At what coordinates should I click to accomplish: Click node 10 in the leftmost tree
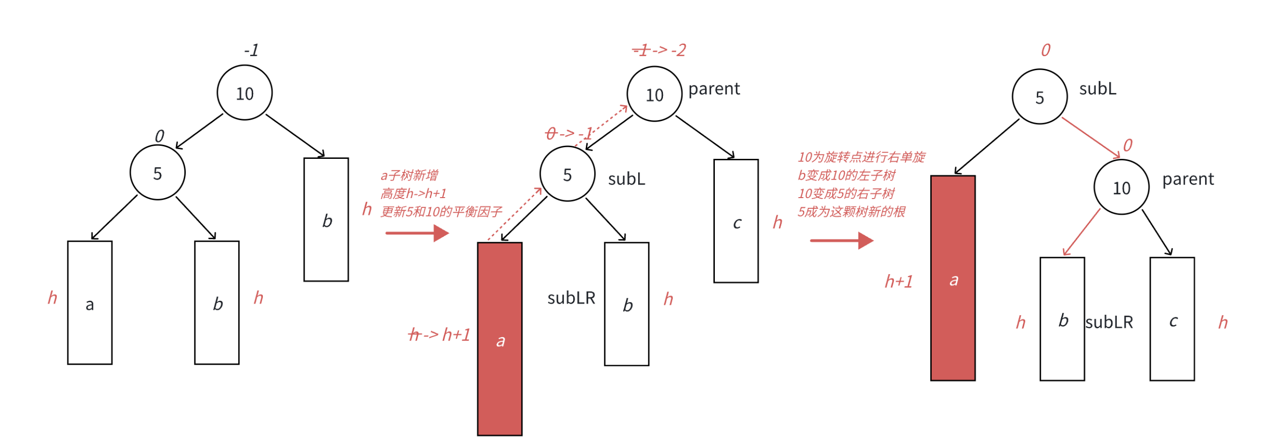(244, 93)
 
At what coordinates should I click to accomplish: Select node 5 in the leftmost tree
(158, 172)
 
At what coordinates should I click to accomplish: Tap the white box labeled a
(90, 303)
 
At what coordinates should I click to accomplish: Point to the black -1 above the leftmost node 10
(251, 50)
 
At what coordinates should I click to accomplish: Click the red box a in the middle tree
(500, 339)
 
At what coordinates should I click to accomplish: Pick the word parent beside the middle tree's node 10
(714, 89)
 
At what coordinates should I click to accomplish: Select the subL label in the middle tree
(626, 179)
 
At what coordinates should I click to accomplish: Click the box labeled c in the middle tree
(736, 221)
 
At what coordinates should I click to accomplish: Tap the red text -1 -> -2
(659, 50)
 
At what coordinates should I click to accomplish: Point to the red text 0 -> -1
(569, 133)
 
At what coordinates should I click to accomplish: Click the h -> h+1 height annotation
(439, 335)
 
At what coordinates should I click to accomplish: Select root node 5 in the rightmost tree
(1039, 97)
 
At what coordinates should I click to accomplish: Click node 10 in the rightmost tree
(1121, 187)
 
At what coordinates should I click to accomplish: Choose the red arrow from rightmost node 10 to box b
(1081, 232)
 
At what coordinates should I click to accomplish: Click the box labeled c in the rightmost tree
(1172, 319)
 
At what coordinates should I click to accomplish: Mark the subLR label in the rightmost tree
(1109, 323)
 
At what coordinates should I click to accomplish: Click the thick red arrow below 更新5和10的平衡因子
(417, 233)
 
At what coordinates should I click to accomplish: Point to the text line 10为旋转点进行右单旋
(861, 157)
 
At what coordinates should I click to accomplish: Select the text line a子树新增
(409, 175)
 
